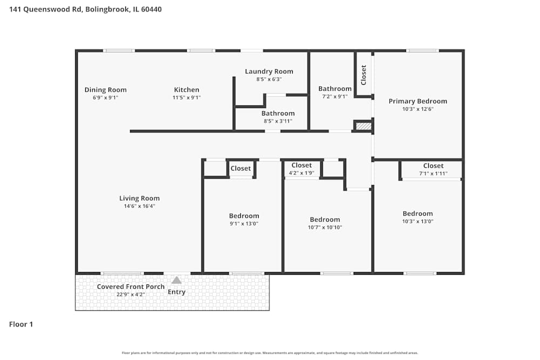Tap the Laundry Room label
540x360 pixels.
point(269,71)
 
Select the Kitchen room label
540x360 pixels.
point(186,90)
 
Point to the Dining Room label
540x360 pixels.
point(105,90)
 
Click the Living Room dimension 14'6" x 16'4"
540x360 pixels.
point(139,206)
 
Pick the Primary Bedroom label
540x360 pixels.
point(418,101)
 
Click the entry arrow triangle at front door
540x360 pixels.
point(177,280)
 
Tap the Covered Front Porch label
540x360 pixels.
point(131,287)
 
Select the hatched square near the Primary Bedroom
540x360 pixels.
point(364,126)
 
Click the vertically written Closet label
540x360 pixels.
point(363,74)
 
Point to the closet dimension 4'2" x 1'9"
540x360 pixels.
point(301,173)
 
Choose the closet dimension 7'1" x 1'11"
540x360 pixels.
point(433,173)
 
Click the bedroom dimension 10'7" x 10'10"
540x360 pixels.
point(325,227)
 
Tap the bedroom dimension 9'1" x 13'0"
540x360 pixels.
point(244,223)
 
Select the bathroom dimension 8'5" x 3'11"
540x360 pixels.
point(278,121)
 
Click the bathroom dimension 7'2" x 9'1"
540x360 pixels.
point(335,96)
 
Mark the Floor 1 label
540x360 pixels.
point(21,324)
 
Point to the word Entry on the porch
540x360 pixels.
point(177,292)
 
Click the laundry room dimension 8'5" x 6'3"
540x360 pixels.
point(269,79)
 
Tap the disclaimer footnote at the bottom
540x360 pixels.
point(270,353)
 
